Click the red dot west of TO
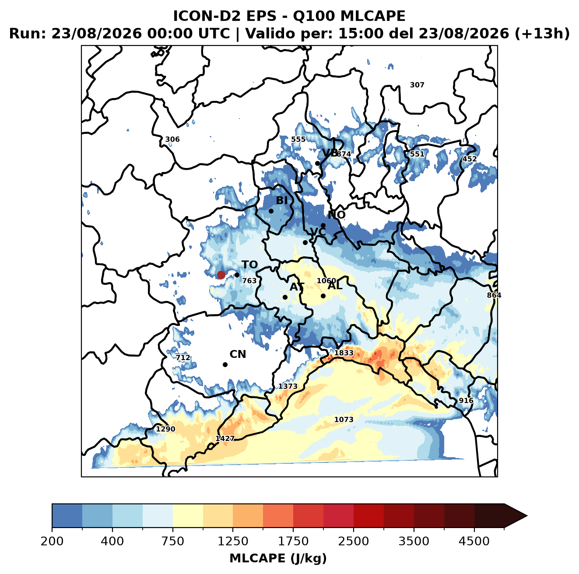(x=221, y=275)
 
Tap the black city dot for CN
(x=225, y=364)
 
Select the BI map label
(x=282, y=200)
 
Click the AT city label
(x=297, y=287)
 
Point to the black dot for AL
(x=323, y=296)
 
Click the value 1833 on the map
(x=344, y=353)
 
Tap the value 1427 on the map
(x=225, y=438)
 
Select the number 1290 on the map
(x=165, y=429)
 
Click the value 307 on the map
(x=417, y=85)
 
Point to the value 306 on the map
(x=172, y=140)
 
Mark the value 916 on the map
(x=466, y=400)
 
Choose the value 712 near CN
(x=183, y=358)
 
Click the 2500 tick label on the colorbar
(x=353, y=541)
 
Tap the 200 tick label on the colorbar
(x=52, y=541)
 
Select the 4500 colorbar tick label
(x=474, y=541)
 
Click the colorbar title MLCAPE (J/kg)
(x=278, y=558)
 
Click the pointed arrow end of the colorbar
(x=527, y=516)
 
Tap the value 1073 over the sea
(x=344, y=420)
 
